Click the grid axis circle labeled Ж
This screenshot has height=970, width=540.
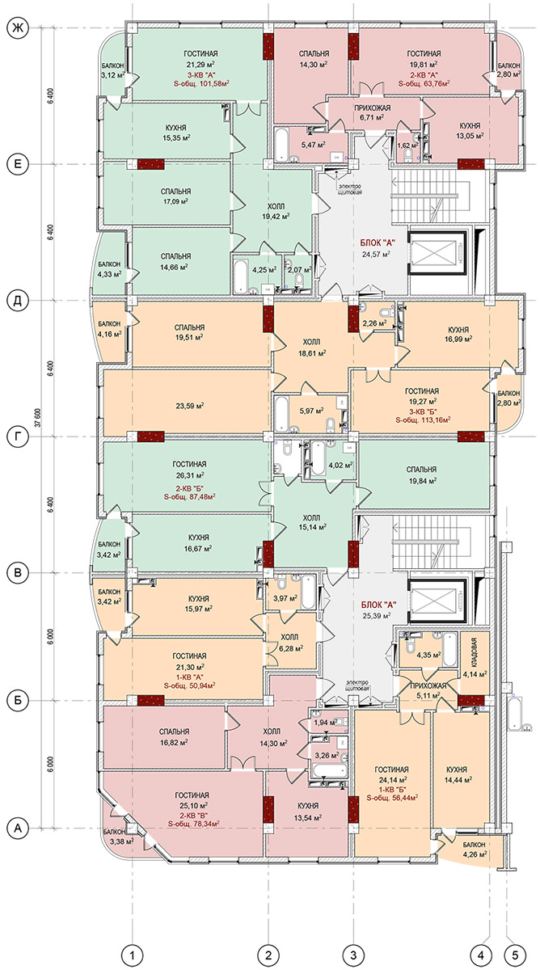point(18,28)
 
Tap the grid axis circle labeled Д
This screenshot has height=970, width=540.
point(18,301)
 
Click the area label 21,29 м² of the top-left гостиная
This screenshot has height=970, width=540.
point(201,64)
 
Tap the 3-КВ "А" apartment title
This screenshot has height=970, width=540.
point(200,74)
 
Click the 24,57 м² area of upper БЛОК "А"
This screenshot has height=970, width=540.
point(376,254)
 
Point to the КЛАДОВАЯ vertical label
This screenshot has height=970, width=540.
point(475,652)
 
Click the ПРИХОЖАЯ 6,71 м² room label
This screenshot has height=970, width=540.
point(373,112)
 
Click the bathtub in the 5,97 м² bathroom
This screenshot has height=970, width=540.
point(282,414)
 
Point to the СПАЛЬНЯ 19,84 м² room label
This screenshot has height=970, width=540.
point(421,474)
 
